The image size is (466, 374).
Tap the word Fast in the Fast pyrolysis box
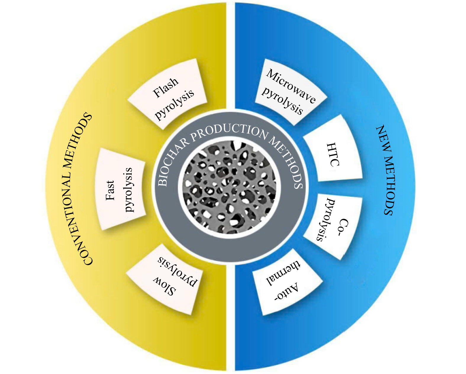(x=110, y=190)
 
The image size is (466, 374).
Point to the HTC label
(x=333, y=154)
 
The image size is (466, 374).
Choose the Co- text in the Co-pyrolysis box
(x=344, y=228)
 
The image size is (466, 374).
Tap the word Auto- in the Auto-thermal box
(x=286, y=291)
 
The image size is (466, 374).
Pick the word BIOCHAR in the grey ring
(x=173, y=162)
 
